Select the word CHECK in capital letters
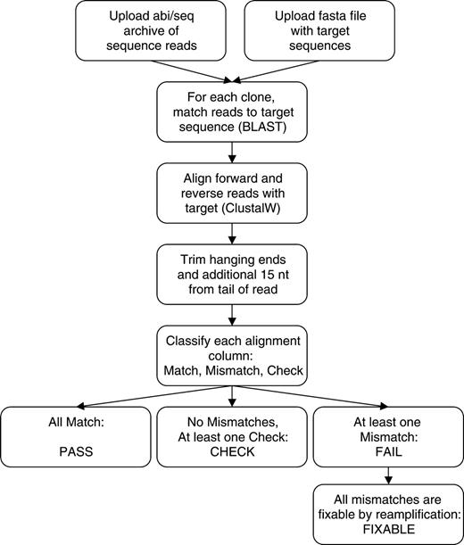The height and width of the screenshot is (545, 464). [x=231, y=452]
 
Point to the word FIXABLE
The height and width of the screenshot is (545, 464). [x=388, y=529]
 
